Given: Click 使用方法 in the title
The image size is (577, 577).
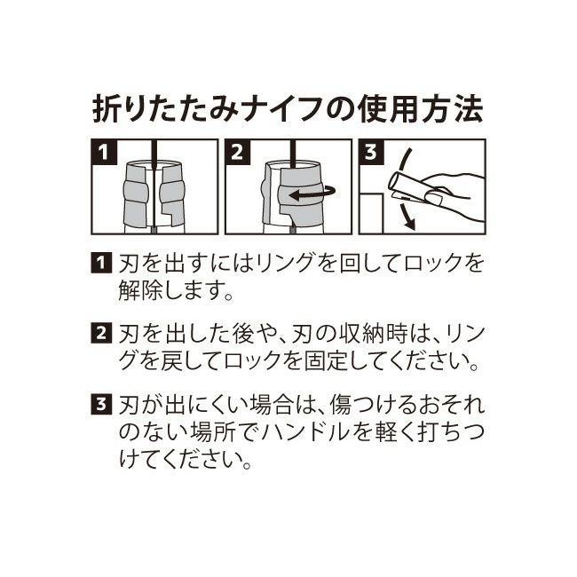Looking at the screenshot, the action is tap(420, 109).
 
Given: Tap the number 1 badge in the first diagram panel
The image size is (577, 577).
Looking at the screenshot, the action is tap(104, 152).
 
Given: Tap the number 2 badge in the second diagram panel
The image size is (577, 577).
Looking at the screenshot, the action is tap(237, 152).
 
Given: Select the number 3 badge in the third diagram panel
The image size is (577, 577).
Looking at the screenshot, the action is tap(371, 152).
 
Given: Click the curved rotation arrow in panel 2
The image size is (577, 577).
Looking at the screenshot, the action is tap(312, 193).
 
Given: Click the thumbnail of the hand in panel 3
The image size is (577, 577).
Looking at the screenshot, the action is tap(433, 197).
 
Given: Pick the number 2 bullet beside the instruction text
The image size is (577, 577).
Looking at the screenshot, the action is tap(101, 334).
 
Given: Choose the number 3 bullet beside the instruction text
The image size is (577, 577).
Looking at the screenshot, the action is tap(101, 404).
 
